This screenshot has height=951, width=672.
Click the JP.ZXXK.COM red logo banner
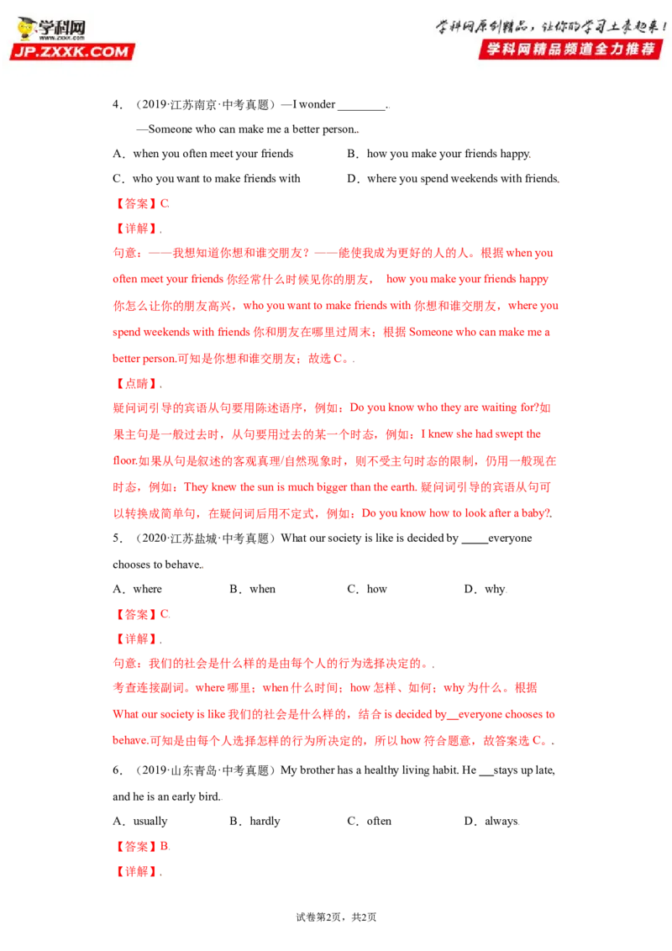[x=71, y=51]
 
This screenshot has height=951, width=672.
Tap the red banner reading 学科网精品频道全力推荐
[x=570, y=49]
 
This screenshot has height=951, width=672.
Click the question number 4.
[x=117, y=104]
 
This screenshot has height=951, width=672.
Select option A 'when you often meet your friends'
[x=203, y=154]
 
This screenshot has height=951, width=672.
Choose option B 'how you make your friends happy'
[x=439, y=154]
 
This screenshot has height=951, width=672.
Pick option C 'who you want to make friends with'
[x=207, y=179]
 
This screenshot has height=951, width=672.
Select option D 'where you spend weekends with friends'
[x=453, y=179]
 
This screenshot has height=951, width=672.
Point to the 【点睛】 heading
[x=136, y=384]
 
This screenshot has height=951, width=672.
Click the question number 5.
[x=117, y=539]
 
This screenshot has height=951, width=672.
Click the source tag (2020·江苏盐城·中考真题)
[x=204, y=539]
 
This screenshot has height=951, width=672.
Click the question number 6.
[x=117, y=770]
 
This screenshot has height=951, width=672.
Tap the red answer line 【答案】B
[x=141, y=847]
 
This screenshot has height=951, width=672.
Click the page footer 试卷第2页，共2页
[x=336, y=917]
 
